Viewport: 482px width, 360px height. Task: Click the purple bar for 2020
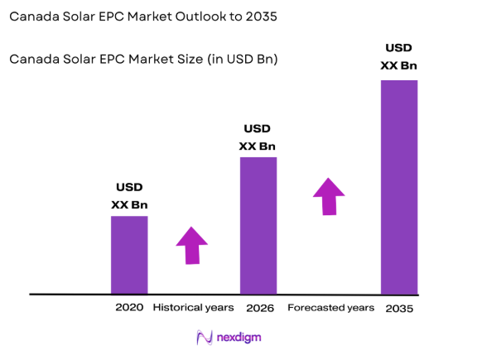(x=129, y=255)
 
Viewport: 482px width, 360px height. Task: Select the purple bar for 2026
(x=258, y=225)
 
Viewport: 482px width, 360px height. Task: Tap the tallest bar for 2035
(x=398, y=186)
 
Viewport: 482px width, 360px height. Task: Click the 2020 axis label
(x=129, y=307)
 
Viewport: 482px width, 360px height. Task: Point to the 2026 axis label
(x=259, y=307)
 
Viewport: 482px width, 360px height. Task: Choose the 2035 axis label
(x=399, y=308)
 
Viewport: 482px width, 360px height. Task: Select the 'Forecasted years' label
(x=330, y=307)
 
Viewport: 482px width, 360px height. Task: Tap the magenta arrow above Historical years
(x=192, y=245)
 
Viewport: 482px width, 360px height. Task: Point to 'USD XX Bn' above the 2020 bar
(x=129, y=196)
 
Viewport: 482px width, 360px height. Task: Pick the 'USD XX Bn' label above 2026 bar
(x=258, y=137)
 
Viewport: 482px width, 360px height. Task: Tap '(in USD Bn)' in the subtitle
(x=239, y=60)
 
